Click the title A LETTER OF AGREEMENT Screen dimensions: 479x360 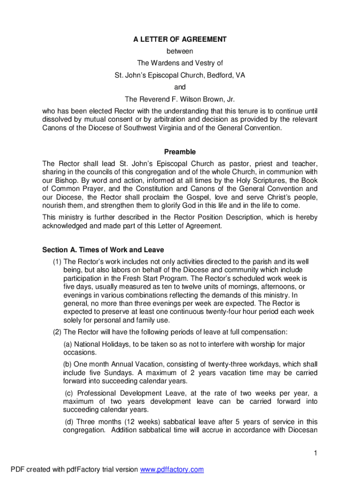[x=180, y=40]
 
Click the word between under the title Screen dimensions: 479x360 [x=180, y=51]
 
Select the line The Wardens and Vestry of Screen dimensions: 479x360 [x=180, y=63]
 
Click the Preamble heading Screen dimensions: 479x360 [x=180, y=152]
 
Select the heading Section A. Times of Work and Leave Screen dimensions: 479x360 [x=103, y=250]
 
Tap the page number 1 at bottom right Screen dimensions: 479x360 [x=316, y=453]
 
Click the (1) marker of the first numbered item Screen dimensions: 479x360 [x=57, y=261]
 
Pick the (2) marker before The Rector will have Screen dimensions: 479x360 [x=57, y=332]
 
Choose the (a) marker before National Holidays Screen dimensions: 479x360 [x=68, y=344]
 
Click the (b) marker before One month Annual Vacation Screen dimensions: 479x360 [x=68, y=364]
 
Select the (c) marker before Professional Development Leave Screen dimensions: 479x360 [x=69, y=393]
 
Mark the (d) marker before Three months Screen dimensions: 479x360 [x=69, y=421]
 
